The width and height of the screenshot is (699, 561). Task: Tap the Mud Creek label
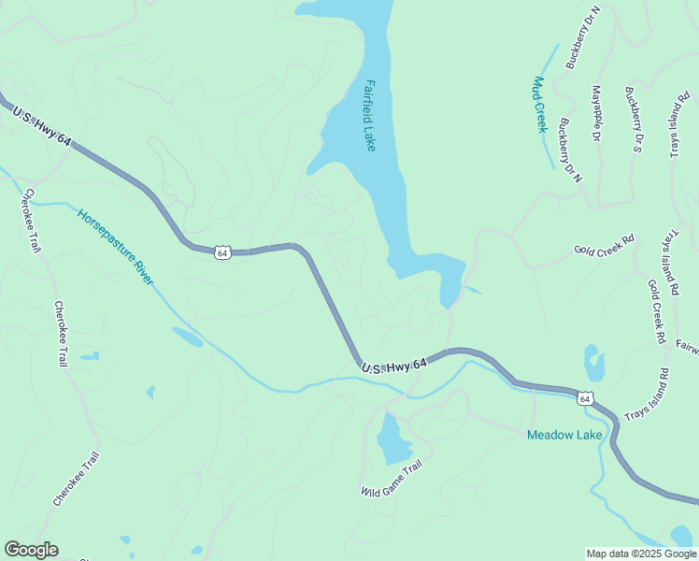tap(538, 104)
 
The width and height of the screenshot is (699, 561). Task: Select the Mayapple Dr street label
tap(595, 113)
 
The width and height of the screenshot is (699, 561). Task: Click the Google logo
tap(31, 550)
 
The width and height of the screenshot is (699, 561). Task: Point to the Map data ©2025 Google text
tap(641, 554)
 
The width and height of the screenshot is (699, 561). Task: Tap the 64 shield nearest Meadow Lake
tap(585, 398)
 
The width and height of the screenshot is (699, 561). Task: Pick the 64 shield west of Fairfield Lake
tap(221, 252)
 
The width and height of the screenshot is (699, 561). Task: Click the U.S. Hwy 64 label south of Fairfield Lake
tap(394, 368)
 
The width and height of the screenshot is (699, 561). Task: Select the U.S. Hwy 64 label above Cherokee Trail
tap(40, 125)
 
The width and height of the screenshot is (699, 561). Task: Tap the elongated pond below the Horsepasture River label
tap(187, 337)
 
